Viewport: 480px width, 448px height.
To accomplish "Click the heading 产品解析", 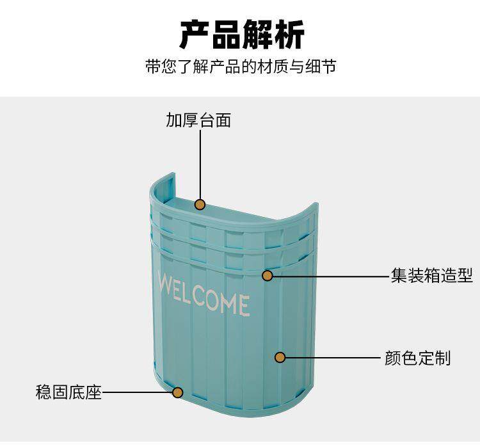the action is tap(241, 35).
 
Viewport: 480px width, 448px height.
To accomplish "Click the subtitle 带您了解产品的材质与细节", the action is tap(241, 67).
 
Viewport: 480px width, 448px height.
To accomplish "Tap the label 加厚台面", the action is tap(198, 120).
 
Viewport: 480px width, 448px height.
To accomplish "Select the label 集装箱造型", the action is tap(432, 276).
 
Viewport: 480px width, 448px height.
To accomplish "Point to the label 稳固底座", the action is tap(68, 392).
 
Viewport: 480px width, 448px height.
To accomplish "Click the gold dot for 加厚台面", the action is tap(200, 205).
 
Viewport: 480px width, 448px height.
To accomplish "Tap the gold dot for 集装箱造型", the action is tap(268, 276).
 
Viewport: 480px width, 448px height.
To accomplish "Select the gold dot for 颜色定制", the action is tap(280, 357).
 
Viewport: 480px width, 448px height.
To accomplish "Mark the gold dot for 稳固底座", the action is tap(179, 392).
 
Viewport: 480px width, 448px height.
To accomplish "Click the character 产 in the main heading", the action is tap(194, 35).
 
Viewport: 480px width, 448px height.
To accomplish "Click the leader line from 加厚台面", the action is tap(200, 163).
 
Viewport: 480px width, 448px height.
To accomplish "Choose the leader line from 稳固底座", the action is tap(138, 392).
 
